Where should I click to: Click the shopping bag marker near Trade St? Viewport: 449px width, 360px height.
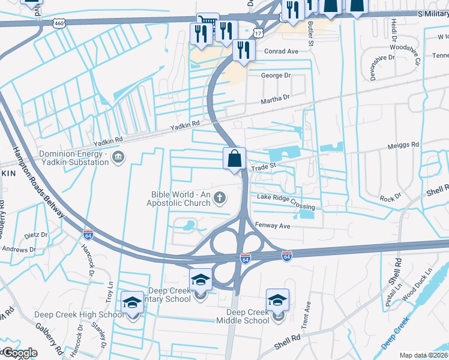coord(235,160)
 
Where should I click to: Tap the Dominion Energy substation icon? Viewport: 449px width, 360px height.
coord(118,157)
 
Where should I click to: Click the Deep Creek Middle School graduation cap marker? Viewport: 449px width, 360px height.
coord(278,301)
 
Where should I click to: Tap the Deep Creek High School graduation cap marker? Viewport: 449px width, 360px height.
coord(133,303)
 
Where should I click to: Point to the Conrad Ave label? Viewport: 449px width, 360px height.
coord(282,52)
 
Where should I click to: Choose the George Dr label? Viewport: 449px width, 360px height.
coord(276,76)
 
